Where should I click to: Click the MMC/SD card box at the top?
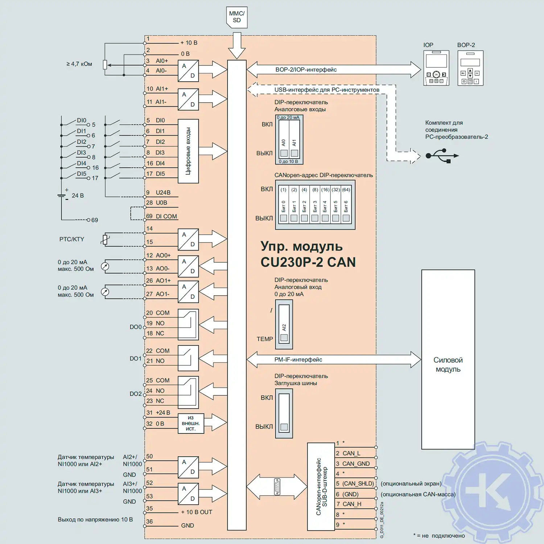(x=237, y=17)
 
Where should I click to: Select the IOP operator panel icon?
(x=436, y=68)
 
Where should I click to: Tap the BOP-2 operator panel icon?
(x=470, y=68)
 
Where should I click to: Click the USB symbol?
(x=442, y=156)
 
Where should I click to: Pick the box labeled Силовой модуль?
(x=448, y=359)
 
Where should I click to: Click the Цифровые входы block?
(x=188, y=151)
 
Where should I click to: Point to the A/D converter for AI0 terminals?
(x=188, y=71)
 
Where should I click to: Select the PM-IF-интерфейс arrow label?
(x=298, y=359)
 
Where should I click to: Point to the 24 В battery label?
(x=78, y=195)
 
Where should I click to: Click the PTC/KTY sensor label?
(x=72, y=239)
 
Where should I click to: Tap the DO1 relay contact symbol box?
(x=188, y=358)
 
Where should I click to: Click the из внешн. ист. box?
(x=191, y=423)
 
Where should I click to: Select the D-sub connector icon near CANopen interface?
(x=277, y=487)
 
